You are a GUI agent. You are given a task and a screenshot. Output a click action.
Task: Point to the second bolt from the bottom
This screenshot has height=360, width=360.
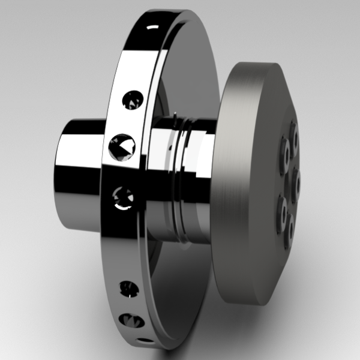[281, 209]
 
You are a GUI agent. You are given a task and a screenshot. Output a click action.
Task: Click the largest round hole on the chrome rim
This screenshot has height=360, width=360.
[122, 145]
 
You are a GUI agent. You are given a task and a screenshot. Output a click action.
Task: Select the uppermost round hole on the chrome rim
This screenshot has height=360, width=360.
[131, 100]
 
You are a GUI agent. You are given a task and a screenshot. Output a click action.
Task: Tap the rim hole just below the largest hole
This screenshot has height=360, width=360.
[123, 196]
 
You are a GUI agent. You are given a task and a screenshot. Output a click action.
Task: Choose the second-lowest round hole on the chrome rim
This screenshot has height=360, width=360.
[128, 288]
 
